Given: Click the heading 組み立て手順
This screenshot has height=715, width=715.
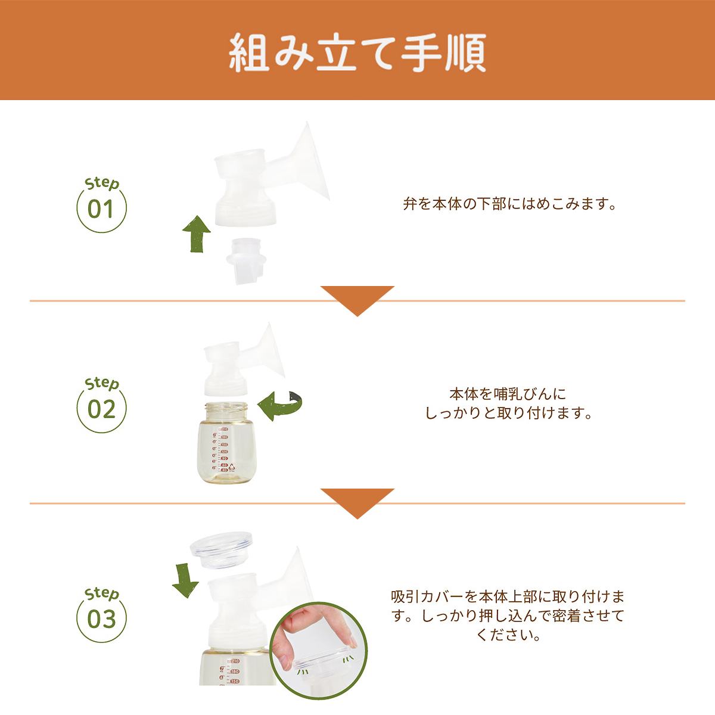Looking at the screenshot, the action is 357,52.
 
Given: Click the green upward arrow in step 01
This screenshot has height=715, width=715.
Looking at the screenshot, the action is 197,234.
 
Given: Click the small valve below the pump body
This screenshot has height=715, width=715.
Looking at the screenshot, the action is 246,261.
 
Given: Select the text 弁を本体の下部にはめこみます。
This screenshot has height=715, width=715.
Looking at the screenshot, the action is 509,204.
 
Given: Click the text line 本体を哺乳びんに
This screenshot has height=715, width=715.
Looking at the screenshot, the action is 508,394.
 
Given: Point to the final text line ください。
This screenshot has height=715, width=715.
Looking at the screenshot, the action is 508,635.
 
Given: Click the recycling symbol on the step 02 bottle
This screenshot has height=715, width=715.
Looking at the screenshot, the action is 232,467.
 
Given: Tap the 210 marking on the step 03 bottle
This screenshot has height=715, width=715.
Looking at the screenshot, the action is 235,661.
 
